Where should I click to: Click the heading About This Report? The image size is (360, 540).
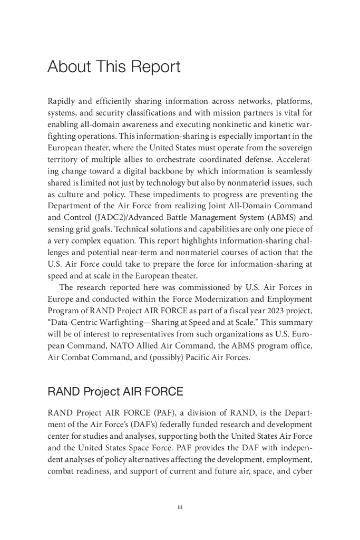114,67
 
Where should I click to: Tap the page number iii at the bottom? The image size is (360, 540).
180,507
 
